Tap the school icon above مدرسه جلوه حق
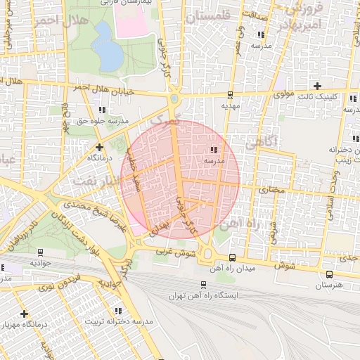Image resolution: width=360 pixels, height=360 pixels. (x=103, y=110)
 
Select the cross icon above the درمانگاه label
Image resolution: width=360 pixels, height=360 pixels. (x=99, y=147)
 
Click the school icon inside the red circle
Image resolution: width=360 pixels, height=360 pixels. (x=213, y=149)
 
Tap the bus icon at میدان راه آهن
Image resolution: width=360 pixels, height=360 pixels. (x=232, y=257)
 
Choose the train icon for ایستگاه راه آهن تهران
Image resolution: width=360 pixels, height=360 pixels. (x=203, y=285)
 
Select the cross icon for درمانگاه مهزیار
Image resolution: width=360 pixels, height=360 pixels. (x=25, y=313)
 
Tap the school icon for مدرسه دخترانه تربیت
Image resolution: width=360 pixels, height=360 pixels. (x=117, y=310)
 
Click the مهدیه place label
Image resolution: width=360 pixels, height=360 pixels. (x=231, y=105)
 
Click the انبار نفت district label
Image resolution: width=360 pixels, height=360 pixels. (x=93, y=182)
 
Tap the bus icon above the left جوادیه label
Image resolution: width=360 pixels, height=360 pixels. (x=40, y=251)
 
